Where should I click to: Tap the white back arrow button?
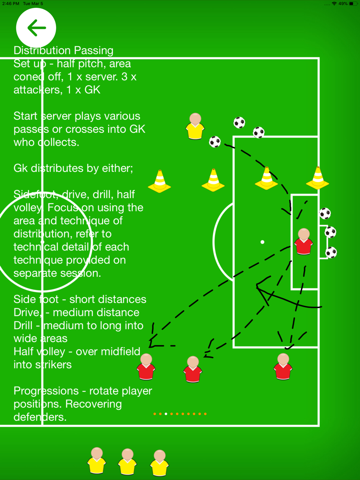[x=36, y=28]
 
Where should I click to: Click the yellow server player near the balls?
[x=195, y=126]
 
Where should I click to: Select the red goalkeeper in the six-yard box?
[x=303, y=242]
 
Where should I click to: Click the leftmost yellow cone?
[x=159, y=181]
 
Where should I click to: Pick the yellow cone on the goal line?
[x=318, y=178]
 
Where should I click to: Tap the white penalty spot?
[x=262, y=242]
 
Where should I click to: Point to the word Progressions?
[x=46, y=391]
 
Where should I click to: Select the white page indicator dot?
[x=166, y=414]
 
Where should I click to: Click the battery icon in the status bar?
[x=353, y=4]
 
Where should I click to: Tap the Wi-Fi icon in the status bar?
[x=334, y=4]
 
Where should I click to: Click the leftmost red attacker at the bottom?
[x=146, y=367]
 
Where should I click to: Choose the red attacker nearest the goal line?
[x=283, y=367]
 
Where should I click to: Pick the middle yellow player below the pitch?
[x=127, y=462]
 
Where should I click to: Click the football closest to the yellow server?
[x=215, y=142]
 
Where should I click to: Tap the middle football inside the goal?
[x=330, y=232]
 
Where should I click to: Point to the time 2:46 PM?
[x=11, y=4]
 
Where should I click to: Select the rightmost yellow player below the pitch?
[x=159, y=463]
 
